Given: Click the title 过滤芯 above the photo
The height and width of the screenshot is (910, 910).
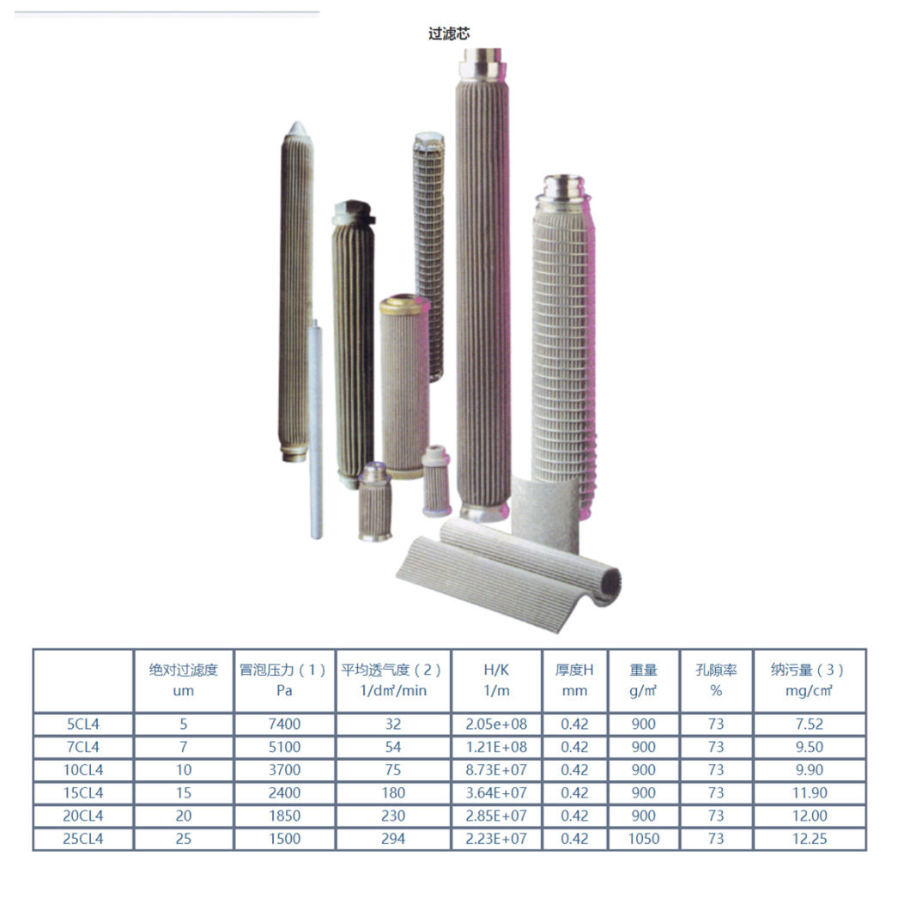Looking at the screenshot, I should (449, 34).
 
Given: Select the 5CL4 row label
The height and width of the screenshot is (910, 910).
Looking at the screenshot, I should (82, 724).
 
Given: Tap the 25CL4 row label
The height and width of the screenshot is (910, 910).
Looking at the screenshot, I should (82, 839).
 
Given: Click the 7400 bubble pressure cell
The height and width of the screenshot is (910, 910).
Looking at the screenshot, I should (284, 724).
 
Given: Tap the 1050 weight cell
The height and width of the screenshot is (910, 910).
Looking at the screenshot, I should (643, 839).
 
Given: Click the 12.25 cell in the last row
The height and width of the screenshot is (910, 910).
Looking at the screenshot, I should (809, 839).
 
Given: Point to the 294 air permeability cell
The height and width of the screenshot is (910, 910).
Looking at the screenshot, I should (392, 839).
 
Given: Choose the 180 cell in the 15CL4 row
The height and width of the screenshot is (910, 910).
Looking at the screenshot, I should (392, 793).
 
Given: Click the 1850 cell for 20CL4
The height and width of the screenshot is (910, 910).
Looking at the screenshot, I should (284, 816).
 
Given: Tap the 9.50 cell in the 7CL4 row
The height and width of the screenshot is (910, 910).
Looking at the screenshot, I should (809, 747).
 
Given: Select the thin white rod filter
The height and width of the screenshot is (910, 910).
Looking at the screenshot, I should (315, 429).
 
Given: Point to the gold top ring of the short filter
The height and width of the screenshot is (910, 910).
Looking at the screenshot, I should (404, 303).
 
